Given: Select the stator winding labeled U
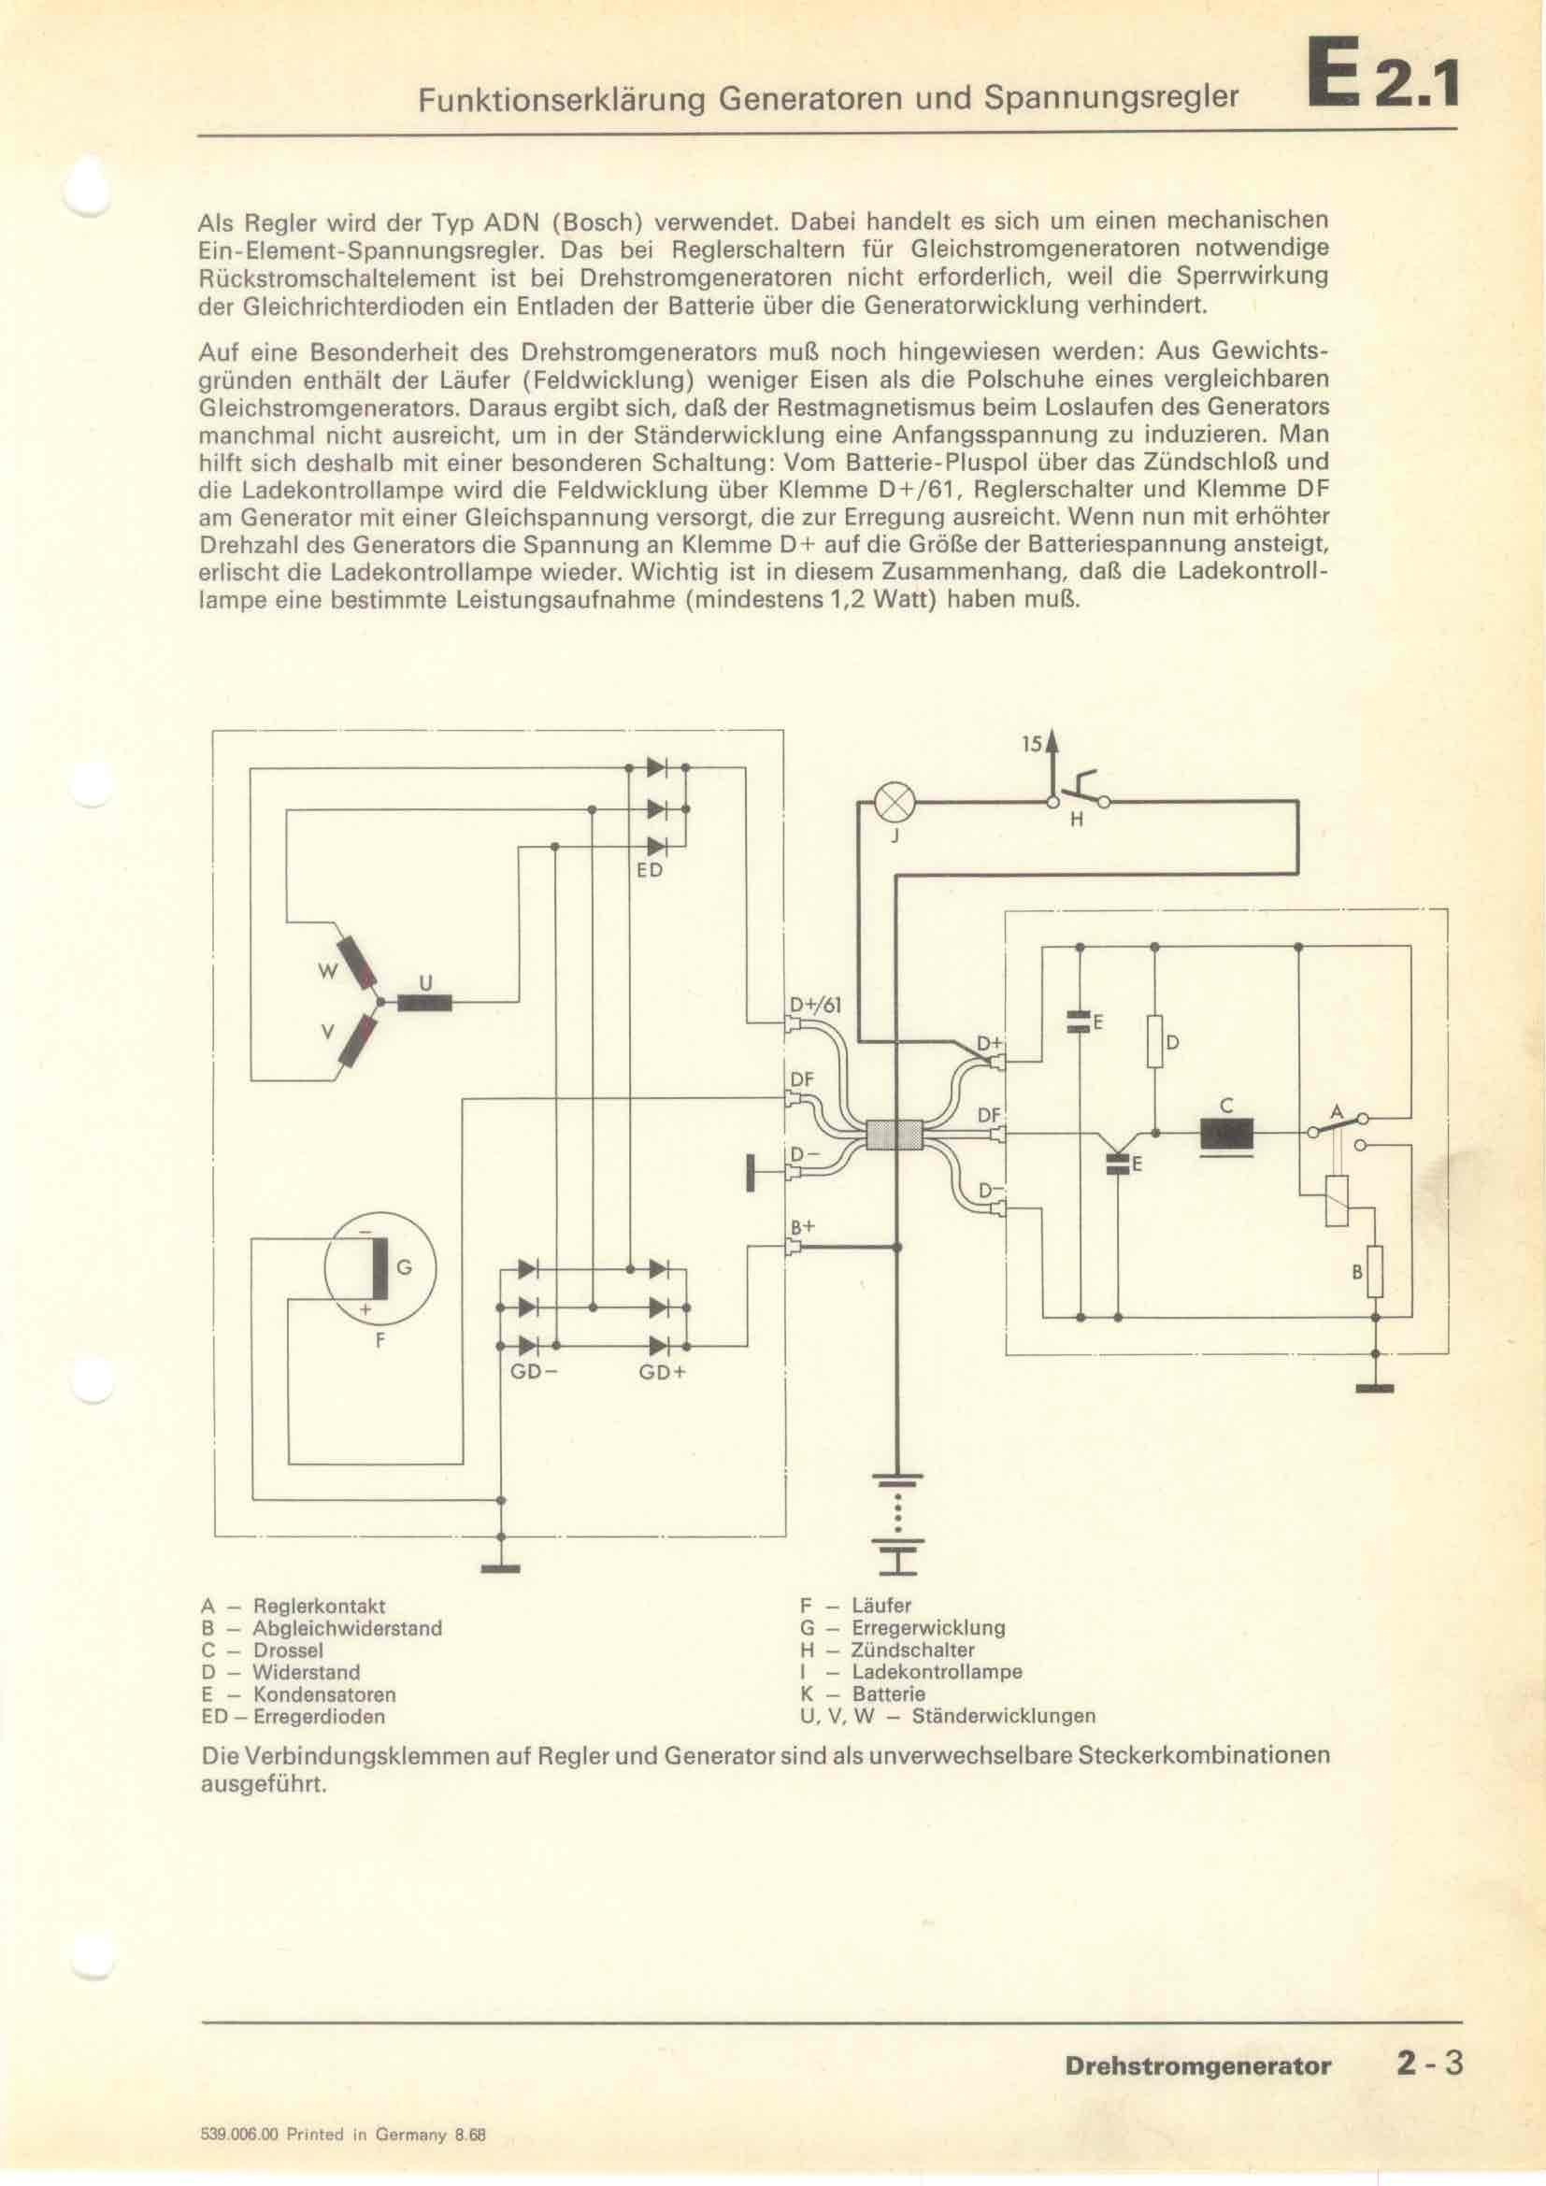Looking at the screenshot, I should (x=424, y=1002).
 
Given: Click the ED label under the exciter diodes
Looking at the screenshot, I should (x=650, y=870).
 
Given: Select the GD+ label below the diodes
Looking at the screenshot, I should (x=663, y=1372).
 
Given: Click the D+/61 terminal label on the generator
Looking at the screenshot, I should (x=816, y=1005).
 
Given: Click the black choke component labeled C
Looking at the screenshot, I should (x=1227, y=1133).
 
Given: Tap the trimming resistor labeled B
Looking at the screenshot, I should (x=1375, y=1271).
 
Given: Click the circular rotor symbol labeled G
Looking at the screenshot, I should (x=379, y=1267).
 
